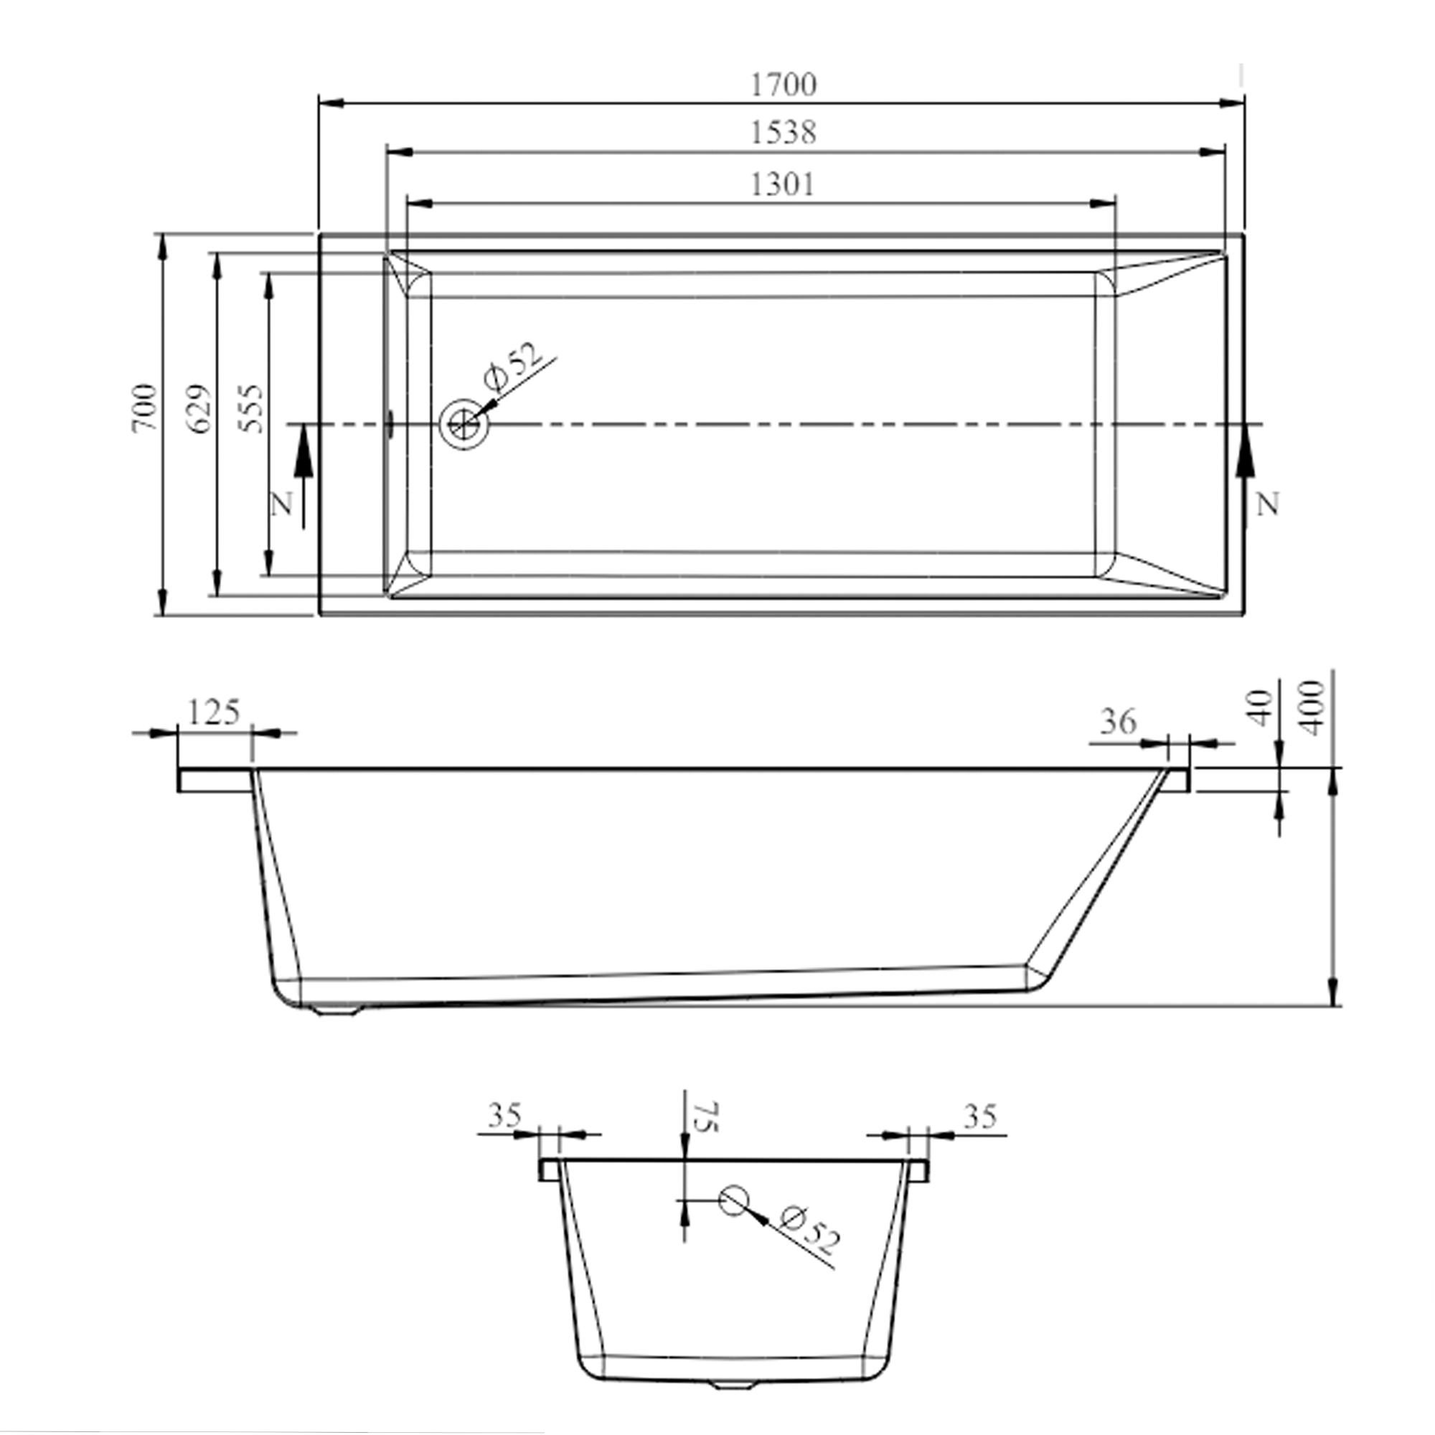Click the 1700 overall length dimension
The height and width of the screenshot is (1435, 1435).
(783, 84)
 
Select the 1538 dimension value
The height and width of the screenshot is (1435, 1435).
(783, 133)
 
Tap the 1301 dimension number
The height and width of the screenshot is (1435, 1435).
(783, 184)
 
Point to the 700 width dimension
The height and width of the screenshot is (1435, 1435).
(145, 408)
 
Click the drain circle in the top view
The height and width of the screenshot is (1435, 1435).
(464, 425)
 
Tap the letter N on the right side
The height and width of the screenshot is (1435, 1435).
(1269, 505)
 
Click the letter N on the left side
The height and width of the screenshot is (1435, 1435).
(282, 505)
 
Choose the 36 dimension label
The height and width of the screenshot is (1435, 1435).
(1118, 720)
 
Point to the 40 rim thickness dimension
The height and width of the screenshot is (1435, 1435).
(1261, 708)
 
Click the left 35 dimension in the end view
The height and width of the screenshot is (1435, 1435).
(505, 1116)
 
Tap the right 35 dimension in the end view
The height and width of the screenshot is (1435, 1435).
(979, 1116)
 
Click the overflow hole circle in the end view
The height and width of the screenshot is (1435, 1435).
(733, 1220)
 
